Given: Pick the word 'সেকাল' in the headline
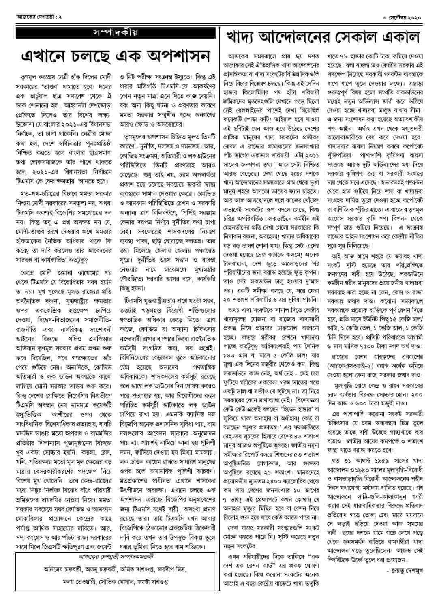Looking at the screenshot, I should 362,37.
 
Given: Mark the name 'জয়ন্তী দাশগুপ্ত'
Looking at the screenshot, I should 152,581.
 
